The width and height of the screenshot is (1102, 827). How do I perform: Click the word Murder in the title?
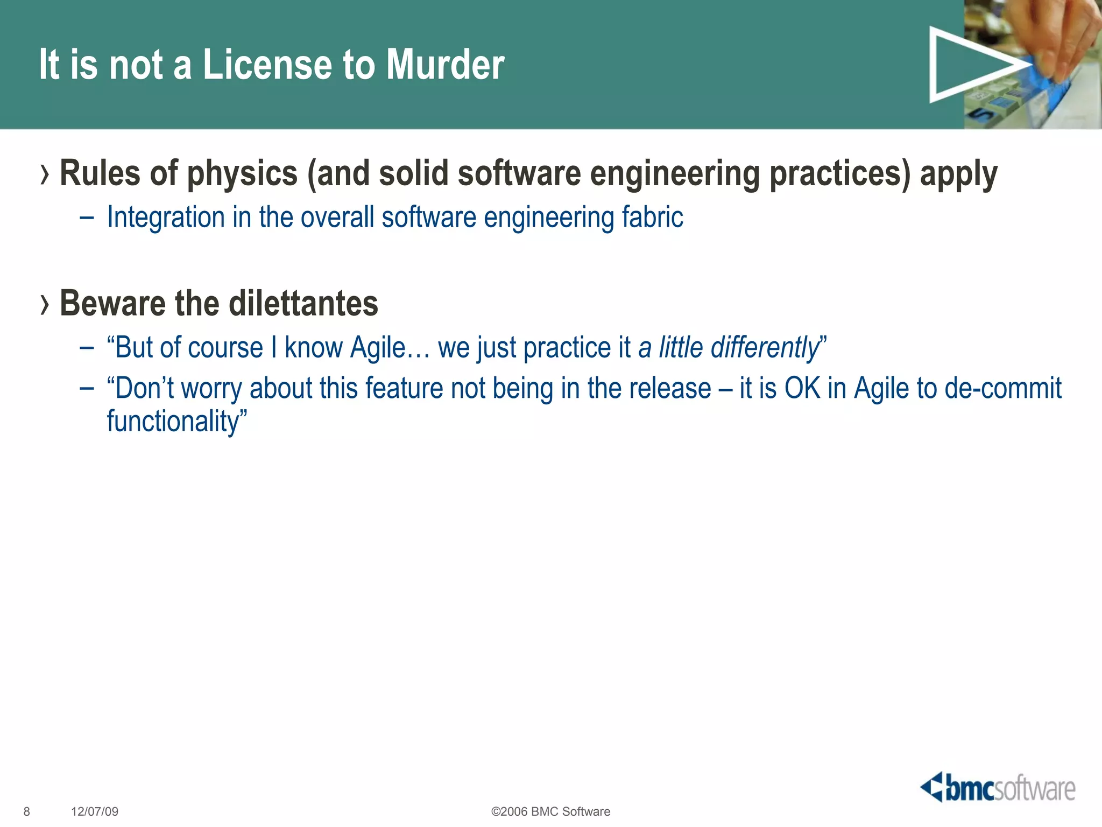tap(445, 65)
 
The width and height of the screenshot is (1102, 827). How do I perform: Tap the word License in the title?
tap(267, 65)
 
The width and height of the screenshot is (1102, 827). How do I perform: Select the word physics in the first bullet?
tap(242, 174)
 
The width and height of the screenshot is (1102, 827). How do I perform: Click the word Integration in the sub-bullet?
tap(166, 218)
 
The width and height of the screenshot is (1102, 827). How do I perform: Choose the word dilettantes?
tap(303, 303)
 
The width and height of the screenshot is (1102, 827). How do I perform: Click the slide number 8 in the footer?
tap(27, 811)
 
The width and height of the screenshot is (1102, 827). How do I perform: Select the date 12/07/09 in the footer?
tap(95, 811)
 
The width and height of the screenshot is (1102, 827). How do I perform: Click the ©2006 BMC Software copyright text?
tap(550, 811)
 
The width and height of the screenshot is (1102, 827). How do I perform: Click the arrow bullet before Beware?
tap(45, 305)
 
